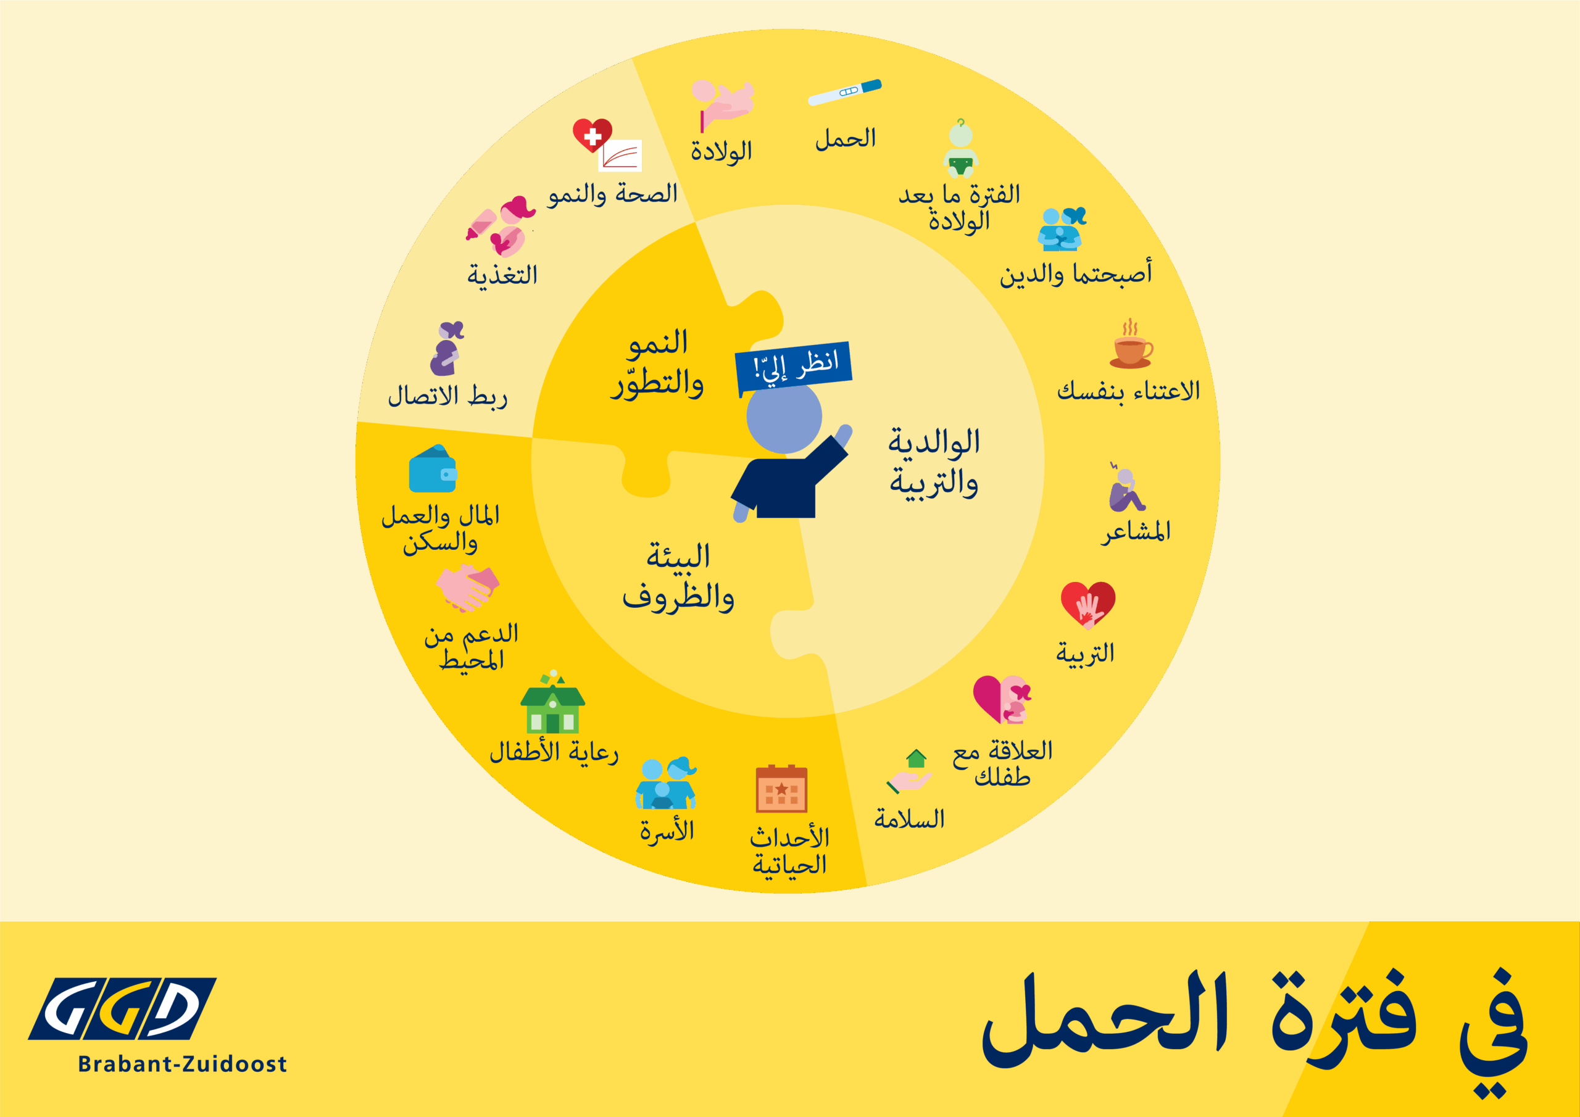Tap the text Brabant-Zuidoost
(182, 1064)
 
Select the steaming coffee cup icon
(1131, 343)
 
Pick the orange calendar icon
(781, 788)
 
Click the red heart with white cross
(592, 135)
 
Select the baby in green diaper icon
(961, 149)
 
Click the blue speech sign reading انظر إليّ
(794, 368)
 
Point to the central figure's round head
(784, 417)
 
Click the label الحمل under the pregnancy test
(846, 138)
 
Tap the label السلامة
(909, 819)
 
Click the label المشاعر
(1136, 531)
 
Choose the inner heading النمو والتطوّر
(658, 363)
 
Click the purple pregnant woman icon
(447, 348)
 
